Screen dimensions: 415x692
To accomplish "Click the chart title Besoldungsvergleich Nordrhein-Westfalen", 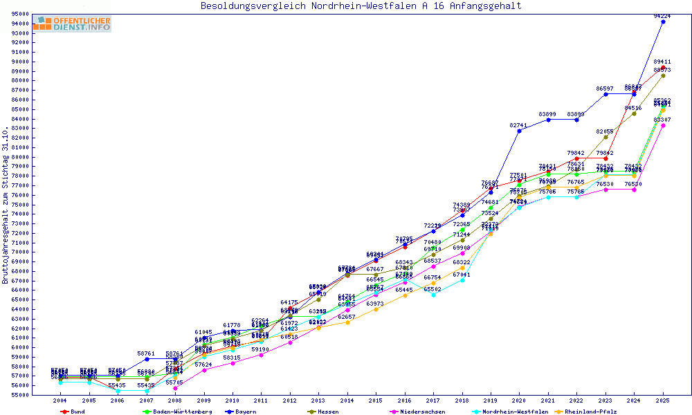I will pos(361,6).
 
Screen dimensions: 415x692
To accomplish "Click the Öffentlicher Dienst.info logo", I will pos(72,24).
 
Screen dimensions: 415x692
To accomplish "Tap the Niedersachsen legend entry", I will pos(418,411).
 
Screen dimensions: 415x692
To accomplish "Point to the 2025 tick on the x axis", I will pos(663,400).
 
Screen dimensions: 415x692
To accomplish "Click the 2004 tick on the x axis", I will pos(60,400).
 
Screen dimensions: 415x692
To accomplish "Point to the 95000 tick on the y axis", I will pos(19,14).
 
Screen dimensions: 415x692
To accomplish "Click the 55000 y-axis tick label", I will pos(19,395).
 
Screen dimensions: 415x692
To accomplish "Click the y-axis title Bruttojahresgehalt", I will pos(6,205).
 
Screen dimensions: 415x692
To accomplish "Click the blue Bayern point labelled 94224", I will pos(663,21).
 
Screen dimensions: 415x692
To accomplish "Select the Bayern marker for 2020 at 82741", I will pos(520,131).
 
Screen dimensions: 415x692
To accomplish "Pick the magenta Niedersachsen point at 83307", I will pos(663,125).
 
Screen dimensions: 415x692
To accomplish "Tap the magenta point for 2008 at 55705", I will pos(175,388).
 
